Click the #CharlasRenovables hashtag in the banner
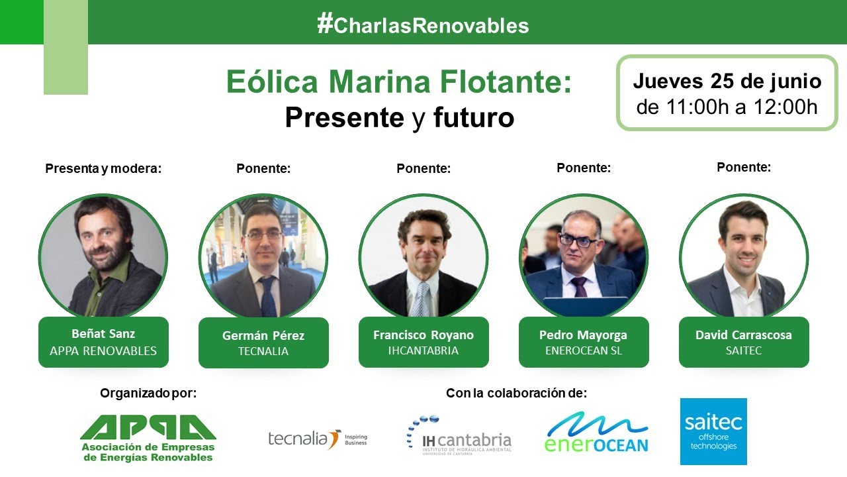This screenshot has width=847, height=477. point(423,25)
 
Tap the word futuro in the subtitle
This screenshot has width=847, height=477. point(474,117)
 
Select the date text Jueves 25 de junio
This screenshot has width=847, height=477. point(727,81)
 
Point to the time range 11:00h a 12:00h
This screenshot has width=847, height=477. point(727,107)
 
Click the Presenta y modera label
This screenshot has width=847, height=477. point(103,168)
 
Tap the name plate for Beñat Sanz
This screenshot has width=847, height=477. point(103,342)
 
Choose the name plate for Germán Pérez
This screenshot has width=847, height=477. point(263,343)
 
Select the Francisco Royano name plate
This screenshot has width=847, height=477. point(423,342)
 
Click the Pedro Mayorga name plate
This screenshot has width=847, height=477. point(583,342)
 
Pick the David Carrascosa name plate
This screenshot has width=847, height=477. point(744,342)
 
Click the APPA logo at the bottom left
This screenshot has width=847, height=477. point(148,438)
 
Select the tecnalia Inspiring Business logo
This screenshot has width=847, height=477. point(318,439)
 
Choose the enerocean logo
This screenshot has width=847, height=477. point(596,433)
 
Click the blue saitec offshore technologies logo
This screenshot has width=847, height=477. point(713,431)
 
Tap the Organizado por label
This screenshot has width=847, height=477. point(148,393)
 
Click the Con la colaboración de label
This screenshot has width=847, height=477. point(516,393)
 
